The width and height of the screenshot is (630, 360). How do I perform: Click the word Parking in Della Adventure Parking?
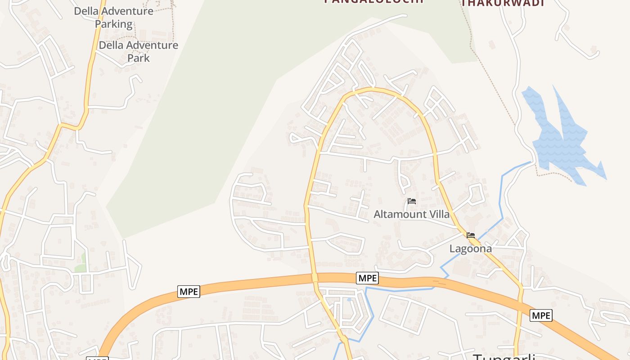[114, 24]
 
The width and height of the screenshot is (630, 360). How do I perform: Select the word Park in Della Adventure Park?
[138, 58]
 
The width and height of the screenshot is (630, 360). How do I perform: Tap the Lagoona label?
[471, 248]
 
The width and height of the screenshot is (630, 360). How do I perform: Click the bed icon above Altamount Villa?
[411, 201]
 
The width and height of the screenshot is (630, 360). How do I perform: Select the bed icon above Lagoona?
[471, 235]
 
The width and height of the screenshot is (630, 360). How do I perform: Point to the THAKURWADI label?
[503, 3]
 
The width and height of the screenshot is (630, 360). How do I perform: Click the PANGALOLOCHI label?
[374, 1]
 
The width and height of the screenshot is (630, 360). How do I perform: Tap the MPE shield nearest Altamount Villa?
[367, 278]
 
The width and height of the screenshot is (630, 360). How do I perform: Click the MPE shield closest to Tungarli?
[540, 315]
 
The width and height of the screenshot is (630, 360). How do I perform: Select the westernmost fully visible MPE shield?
[189, 292]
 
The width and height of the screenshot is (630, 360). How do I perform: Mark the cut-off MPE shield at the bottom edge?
[97, 358]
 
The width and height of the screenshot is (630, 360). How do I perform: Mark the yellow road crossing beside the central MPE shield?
[315, 278]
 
